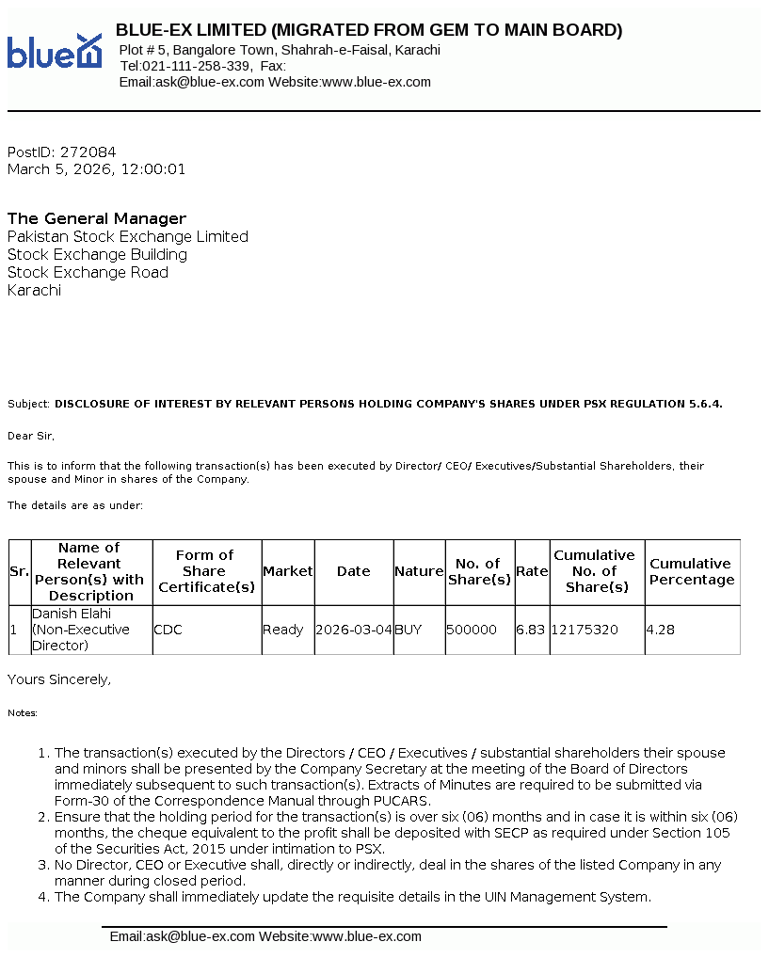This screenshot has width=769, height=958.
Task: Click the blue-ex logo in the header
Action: pyautogui.click(x=54, y=51)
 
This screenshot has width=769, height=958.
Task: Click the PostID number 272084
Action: pyautogui.click(x=88, y=152)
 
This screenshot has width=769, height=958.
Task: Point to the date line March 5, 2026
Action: pyautogui.click(x=96, y=169)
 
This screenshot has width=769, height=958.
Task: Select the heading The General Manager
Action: pyautogui.click(x=97, y=218)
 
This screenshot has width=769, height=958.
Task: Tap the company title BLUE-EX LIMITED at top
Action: pyautogui.click(x=368, y=30)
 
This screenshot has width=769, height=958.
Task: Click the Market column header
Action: pyautogui.click(x=287, y=571)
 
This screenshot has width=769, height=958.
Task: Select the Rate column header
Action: pyautogui.click(x=532, y=571)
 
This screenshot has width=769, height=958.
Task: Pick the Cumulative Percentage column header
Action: pyautogui.click(x=691, y=571)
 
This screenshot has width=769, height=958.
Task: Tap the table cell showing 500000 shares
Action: pyautogui.click(x=472, y=630)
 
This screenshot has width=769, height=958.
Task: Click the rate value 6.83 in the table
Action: pyautogui.click(x=531, y=630)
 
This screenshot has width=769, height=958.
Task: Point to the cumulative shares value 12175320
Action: pyautogui.click(x=585, y=630)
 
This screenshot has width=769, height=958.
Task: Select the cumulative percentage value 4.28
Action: pyautogui.click(x=661, y=630)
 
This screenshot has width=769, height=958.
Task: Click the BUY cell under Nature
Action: pyautogui.click(x=410, y=630)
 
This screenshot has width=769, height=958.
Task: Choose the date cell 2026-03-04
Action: pyautogui.click(x=354, y=630)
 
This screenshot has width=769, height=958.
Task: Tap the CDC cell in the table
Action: pyautogui.click(x=168, y=630)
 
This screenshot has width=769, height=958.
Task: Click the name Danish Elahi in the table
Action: pyautogui.click(x=72, y=614)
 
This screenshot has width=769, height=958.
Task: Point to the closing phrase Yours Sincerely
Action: pyautogui.click(x=59, y=679)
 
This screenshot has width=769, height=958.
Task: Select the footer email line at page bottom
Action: pyautogui.click(x=265, y=936)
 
